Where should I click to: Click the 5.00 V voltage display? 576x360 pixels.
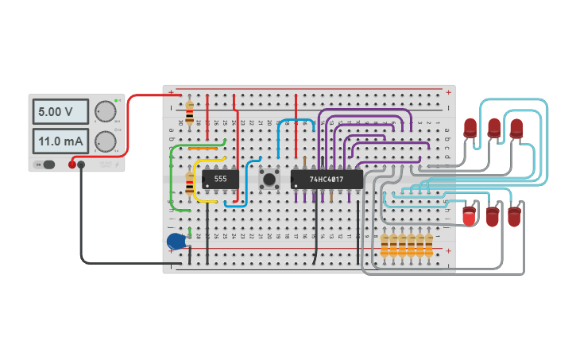pyautogui.click(x=60, y=113)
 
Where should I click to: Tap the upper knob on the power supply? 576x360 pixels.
pyautogui.click(x=105, y=111)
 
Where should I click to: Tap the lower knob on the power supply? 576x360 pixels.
pyautogui.click(x=105, y=142)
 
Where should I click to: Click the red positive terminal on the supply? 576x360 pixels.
pyautogui.click(x=72, y=165)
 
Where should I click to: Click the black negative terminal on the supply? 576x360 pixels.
pyautogui.click(x=81, y=165)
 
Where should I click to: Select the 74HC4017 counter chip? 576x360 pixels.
pyautogui.click(x=327, y=180)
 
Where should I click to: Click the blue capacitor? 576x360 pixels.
pyautogui.click(x=176, y=241)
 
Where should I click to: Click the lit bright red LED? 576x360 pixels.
pyautogui.click(x=469, y=215)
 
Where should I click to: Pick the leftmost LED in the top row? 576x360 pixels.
pyautogui.click(x=470, y=126)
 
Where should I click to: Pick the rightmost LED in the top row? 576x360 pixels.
pyautogui.click(x=516, y=126)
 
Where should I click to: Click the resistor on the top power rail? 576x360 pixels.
pyautogui.click(x=189, y=108)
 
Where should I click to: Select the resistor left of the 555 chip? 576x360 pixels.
pyautogui.click(x=189, y=185)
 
